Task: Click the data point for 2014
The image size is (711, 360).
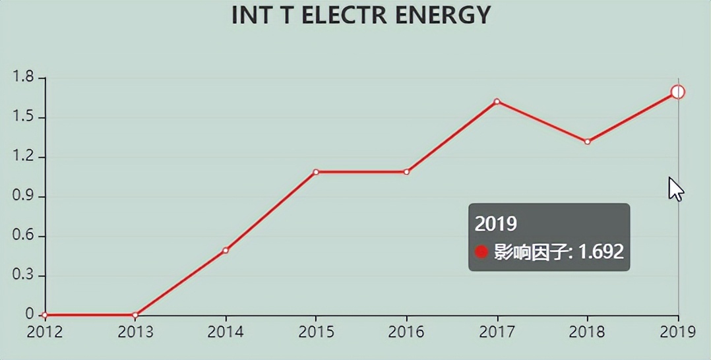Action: [226, 251]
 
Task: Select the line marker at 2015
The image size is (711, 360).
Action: [316, 172]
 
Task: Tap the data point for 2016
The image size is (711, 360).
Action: [406, 172]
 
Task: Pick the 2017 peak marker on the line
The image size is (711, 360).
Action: [497, 102]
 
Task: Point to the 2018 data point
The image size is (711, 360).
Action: [587, 142]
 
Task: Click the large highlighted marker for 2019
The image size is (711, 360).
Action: [678, 92]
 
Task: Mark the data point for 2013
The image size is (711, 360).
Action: [135, 315]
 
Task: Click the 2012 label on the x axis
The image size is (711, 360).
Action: [44, 332]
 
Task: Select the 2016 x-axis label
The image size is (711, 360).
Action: [406, 332]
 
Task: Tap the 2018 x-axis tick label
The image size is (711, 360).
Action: [587, 332]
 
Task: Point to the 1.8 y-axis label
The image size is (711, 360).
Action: [22, 78]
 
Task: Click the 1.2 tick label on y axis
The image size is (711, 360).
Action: [22, 157]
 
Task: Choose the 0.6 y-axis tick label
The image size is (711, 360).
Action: [22, 236]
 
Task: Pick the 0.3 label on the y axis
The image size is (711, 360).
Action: [22, 276]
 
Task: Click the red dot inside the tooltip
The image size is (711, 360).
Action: [481, 252]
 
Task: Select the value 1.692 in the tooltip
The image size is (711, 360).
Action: [601, 251]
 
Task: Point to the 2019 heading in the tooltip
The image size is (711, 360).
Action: [495, 224]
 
